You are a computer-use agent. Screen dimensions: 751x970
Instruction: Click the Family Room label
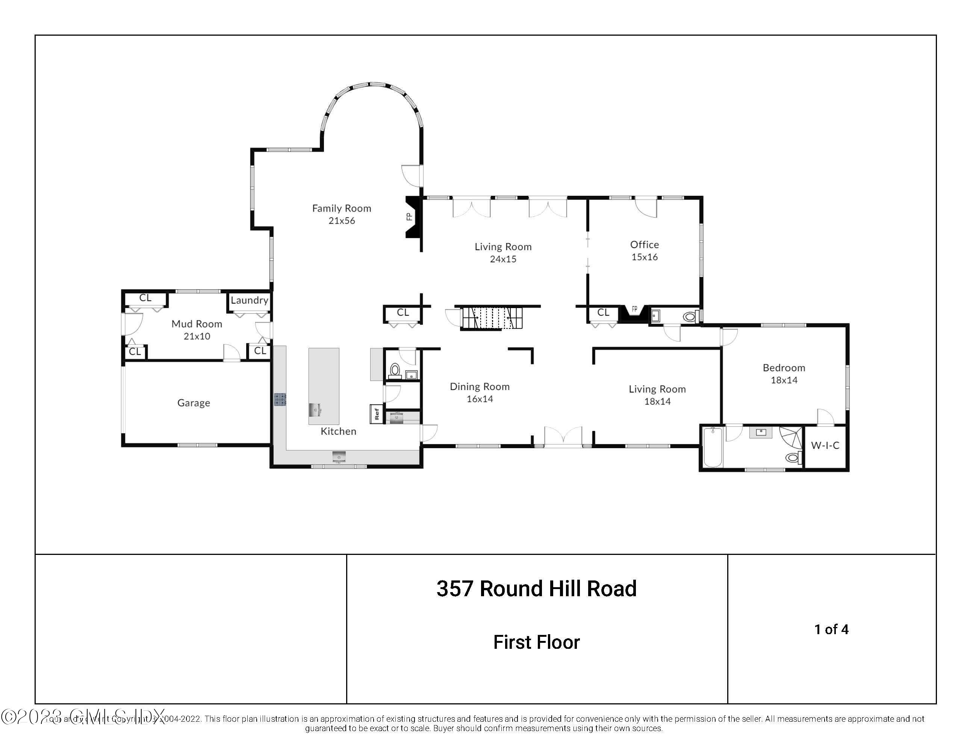click(x=341, y=208)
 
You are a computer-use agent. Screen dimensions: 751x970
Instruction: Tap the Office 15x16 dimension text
click(x=645, y=257)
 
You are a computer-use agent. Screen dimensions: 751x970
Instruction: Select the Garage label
click(x=194, y=403)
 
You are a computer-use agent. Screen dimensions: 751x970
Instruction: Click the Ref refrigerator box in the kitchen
click(x=377, y=414)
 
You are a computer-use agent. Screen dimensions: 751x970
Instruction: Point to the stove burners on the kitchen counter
click(x=280, y=399)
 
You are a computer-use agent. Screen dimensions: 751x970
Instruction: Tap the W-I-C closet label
click(x=825, y=446)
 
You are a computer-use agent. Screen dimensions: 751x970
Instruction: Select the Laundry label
click(x=249, y=300)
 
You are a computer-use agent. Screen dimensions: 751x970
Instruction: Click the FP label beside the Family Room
click(x=409, y=217)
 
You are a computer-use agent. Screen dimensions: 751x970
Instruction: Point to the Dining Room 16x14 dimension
click(x=480, y=399)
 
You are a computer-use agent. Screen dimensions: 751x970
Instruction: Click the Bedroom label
click(x=784, y=367)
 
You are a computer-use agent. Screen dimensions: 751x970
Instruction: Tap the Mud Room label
click(x=197, y=324)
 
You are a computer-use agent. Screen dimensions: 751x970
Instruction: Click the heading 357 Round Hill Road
click(x=536, y=589)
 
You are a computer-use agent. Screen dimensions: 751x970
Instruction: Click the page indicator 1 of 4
click(x=831, y=629)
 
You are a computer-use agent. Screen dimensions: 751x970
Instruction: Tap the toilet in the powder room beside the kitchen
click(x=394, y=369)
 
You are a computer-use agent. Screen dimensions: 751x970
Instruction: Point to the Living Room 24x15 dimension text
click(x=503, y=259)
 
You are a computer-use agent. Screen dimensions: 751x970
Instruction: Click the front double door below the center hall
click(x=563, y=437)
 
